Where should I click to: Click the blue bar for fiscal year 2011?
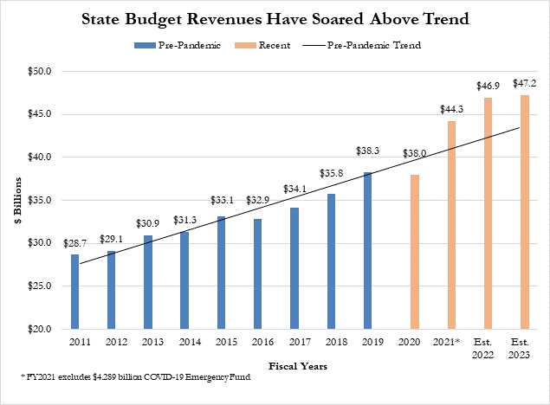point(74,292)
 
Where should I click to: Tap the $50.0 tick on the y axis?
point(41,71)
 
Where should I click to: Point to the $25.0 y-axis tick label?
point(41,286)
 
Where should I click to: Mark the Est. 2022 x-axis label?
point(486,350)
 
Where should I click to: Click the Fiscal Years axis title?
point(298,366)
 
